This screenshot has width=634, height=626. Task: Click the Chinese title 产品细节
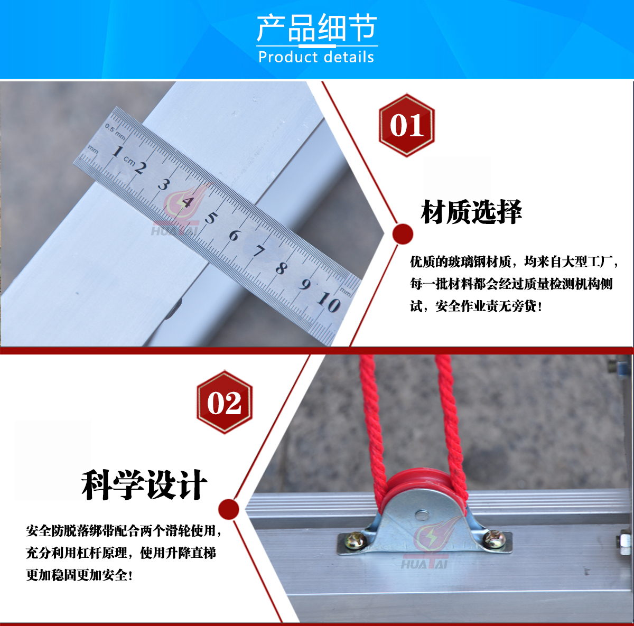[x=316, y=28]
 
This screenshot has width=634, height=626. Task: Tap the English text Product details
[x=316, y=57]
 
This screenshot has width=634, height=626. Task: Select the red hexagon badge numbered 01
[x=407, y=125]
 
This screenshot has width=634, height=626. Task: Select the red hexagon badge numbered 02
[x=225, y=402]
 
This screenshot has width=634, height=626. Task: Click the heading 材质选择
[x=471, y=212]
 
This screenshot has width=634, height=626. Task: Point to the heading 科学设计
[x=144, y=485]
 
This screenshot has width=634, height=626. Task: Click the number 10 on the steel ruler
[x=329, y=302]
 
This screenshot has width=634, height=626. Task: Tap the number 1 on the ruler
[x=117, y=152]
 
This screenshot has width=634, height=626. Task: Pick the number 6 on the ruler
[x=234, y=235]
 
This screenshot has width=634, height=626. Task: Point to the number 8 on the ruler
[x=281, y=268]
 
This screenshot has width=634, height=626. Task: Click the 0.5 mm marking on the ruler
[x=115, y=131]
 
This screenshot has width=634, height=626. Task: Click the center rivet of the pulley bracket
[x=421, y=514]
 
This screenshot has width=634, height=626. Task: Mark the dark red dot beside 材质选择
[x=403, y=234]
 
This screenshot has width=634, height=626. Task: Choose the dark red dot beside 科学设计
[x=228, y=509]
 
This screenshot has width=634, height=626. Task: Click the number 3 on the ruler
[x=163, y=185]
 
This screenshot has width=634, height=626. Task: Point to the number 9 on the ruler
[x=304, y=284]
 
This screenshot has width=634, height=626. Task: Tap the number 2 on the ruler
[x=141, y=168]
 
